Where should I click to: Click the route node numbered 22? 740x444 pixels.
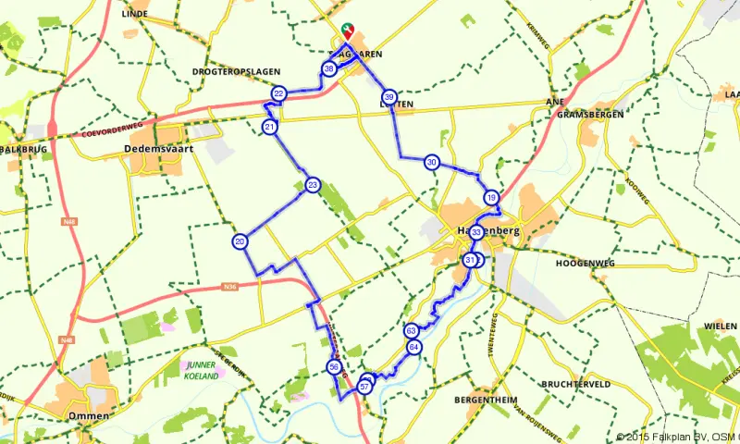278,94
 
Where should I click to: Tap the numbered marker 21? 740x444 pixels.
269,127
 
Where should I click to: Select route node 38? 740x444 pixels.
329,69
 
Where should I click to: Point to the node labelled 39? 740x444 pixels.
389,97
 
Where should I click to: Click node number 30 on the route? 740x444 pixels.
432,163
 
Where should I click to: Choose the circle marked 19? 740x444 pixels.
491,197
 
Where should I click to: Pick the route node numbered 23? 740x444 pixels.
314,186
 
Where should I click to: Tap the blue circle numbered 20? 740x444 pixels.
240,241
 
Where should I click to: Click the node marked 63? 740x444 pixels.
412,330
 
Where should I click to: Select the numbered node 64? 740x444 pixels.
413,347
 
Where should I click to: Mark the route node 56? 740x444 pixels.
334,367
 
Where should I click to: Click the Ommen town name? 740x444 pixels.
90,416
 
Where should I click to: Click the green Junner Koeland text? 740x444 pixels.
201,371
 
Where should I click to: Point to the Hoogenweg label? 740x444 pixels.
585,264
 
